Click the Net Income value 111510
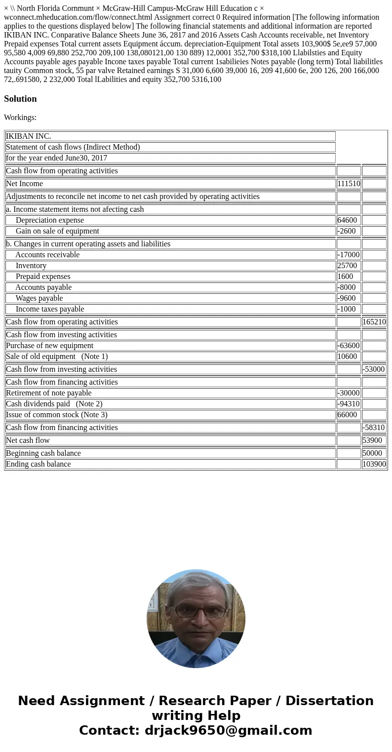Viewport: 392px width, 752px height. coord(349,184)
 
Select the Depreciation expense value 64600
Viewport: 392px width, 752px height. coord(347,220)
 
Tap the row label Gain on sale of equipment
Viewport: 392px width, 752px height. coord(57,231)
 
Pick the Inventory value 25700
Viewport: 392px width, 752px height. coord(347,266)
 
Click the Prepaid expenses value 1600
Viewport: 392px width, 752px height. coord(345,277)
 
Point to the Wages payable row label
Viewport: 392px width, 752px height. coord(39,298)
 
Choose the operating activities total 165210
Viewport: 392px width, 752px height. coord(374,322)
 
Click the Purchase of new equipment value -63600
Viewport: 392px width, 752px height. coord(349,346)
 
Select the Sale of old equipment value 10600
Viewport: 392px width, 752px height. coord(347,356)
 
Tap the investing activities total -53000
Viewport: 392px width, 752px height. coord(374,369)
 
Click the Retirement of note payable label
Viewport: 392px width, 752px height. coord(49,393)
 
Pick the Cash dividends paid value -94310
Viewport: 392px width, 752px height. coord(349,404)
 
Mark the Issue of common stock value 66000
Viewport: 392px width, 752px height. coord(347,415)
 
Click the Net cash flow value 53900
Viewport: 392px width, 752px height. coord(372,440)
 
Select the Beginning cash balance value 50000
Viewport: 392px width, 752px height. coord(372,453)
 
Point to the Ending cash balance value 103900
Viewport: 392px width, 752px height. coord(374,464)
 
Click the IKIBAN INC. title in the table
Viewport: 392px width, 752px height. coord(29,136)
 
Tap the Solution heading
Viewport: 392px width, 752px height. coord(20,99)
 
